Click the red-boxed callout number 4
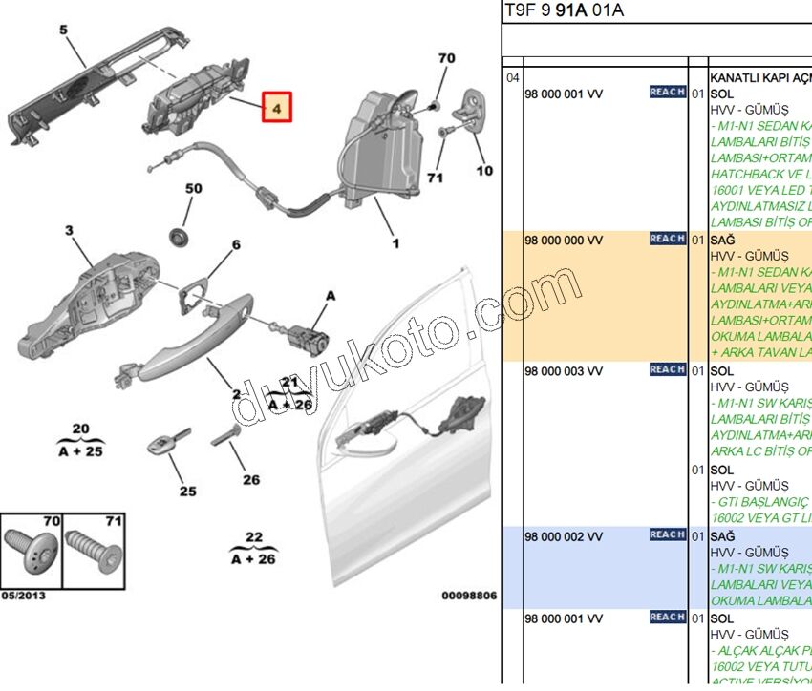(276, 110)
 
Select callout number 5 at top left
(63, 31)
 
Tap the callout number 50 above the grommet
(193, 189)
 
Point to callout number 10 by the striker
(484, 171)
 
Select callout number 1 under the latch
(395, 243)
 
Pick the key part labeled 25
(161, 445)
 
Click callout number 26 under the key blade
(250, 480)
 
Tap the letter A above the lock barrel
(331, 297)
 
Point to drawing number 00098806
(469, 596)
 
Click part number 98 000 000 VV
(564, 241)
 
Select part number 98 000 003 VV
(564, 370)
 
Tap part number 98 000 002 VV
(564, 536)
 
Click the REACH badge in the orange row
(667, 239)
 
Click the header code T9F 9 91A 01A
(564, 10)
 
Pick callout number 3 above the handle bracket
(69, 230)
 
